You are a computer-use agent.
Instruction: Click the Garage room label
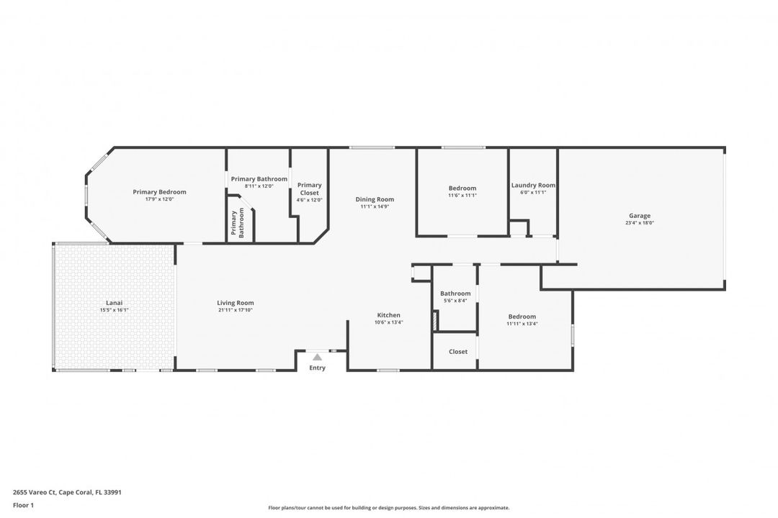(x=639, y=216)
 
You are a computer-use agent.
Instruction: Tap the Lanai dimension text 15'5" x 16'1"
(x=115, y=311)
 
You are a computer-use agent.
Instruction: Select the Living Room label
(x=236, y=303)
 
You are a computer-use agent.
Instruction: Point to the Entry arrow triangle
(x=317, y=356)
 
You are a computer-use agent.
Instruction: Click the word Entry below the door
(x=317, y=368)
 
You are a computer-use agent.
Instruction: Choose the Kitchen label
(x=388, y=315)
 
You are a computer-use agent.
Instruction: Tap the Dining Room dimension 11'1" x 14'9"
(x=375, y=206)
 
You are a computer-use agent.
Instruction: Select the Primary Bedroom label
(x=159, y=192)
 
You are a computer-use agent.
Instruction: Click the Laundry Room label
(x=533, y=185)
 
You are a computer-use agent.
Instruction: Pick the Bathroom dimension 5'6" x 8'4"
(x=455, y=301)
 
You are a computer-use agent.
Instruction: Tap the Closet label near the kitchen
(x=458, y=352)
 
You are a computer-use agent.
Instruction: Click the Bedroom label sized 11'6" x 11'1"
(x=462, y=188)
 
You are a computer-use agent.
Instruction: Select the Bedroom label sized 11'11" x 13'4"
(x=522, y=317)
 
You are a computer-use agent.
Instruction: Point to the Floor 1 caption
(x=23, y=505)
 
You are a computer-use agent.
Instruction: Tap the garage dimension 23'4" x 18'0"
(x=639, y=223)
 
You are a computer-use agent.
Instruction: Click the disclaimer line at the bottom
(x=388, y=508)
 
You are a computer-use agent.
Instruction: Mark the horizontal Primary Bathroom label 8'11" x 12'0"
(x=259, y=186)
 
